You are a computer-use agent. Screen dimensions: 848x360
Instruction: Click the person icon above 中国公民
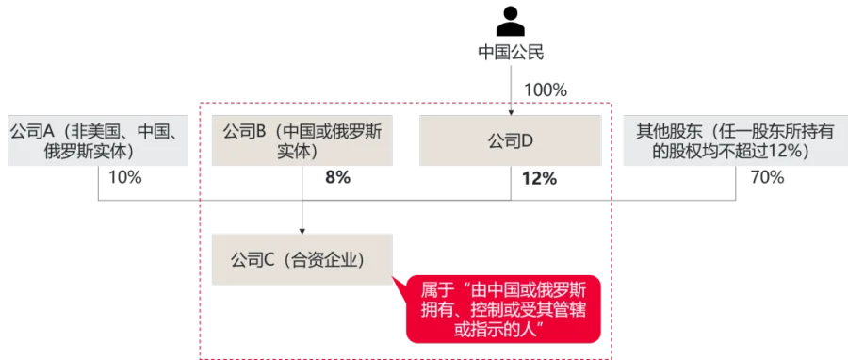point(511,23)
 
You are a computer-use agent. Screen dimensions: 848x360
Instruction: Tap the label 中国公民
point(511,53)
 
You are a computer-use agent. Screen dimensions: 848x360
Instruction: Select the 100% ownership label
point(546,90)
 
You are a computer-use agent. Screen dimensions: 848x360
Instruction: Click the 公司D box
point(510,140)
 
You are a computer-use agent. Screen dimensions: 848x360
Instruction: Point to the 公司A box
point(98,140)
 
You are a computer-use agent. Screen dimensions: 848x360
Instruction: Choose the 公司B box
point(302,140)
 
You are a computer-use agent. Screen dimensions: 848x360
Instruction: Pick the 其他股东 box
point(736,140)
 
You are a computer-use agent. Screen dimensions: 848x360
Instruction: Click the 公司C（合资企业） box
point(302,259)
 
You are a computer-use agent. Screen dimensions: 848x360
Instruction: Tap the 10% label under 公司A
point(125,177)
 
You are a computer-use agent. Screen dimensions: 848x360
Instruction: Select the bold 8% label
point(337,177)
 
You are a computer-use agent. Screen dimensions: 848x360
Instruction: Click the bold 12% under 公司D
point(539,178)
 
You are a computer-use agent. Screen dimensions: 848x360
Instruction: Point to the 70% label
point(767,177)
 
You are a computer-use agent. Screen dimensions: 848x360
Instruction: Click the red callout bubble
point(503,309)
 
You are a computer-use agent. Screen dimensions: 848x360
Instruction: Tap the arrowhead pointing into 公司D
point(511,112)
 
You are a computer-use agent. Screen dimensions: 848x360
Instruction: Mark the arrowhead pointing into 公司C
point(302,231)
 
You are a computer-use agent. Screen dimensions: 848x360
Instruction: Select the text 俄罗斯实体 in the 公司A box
point(89,152)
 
